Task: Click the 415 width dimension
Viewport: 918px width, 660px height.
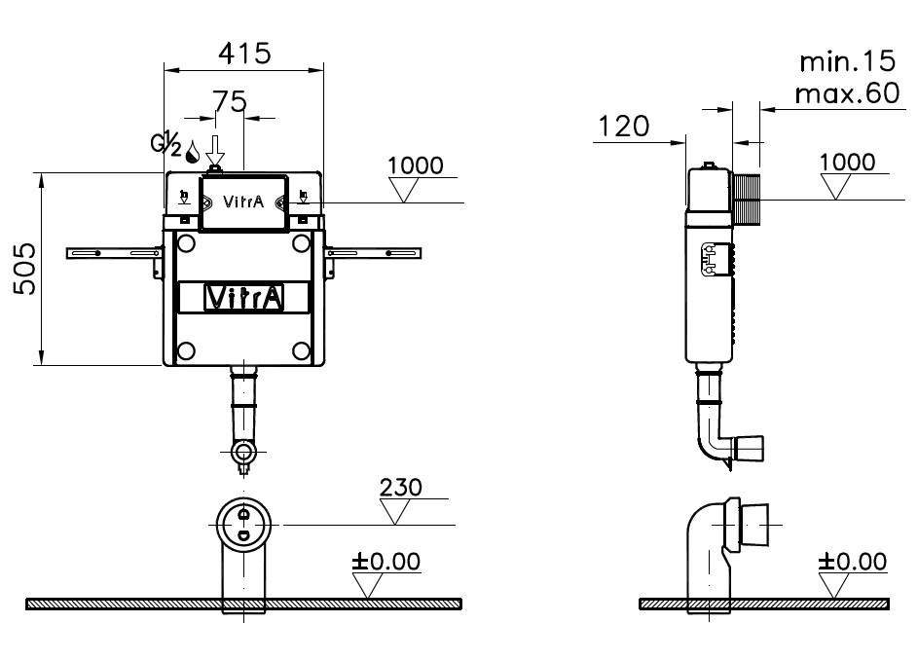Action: coord(244,54)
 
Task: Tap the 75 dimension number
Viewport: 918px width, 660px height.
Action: coord(230,102)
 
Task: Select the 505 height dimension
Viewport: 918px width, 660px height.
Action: coord(25,269)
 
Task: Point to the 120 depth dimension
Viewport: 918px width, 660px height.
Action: coord(623,127)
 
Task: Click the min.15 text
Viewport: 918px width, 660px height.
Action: coord(848,61)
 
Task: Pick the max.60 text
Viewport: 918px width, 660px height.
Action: coord(847,93)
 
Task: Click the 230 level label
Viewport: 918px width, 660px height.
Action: coord(400,488)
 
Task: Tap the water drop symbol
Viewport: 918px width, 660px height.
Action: coord(193,152)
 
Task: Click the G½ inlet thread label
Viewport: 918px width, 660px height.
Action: coord(166,143)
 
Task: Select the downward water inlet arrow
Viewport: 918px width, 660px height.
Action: coord(215,151)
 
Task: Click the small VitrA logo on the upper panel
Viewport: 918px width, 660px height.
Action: coord(243,202)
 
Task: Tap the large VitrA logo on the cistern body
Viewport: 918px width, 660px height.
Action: coord(244,298)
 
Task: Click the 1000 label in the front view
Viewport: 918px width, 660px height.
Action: coord(415,165)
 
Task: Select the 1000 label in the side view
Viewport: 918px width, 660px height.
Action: coord(847,163)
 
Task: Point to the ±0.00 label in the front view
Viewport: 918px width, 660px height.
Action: coord(386,561)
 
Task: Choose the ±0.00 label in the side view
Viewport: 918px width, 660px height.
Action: coord(853,562)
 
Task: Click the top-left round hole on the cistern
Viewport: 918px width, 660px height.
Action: coord(186,242)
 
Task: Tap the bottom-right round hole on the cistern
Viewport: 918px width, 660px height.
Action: coord(301,351)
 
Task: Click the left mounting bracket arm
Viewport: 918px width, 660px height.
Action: coord(114,253)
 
